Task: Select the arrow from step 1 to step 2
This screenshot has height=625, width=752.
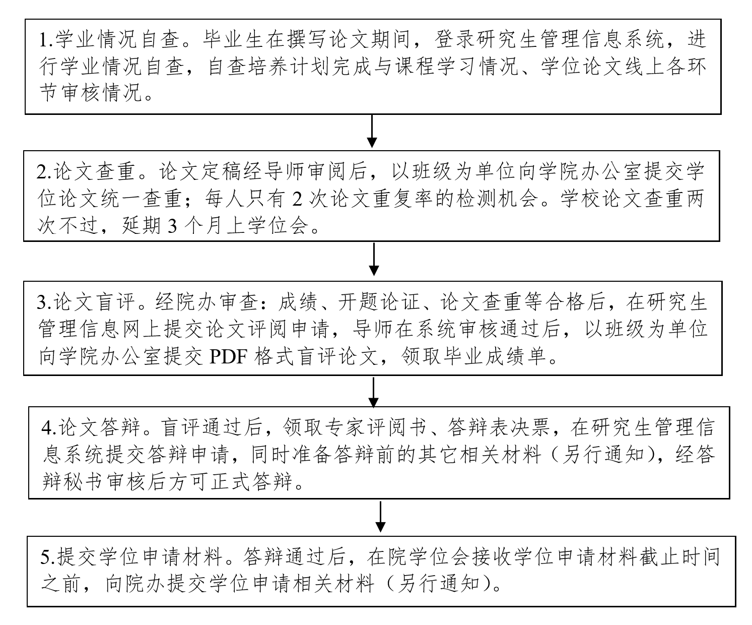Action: coord(371,131)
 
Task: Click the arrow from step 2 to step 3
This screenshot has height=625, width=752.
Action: coord(373,259)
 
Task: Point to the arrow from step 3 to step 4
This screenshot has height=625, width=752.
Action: coord(373,392)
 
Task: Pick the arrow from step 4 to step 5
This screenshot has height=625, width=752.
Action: coord(381,516)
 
